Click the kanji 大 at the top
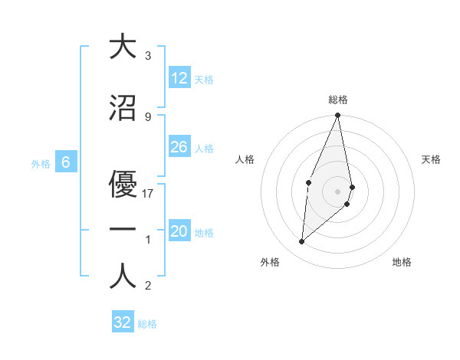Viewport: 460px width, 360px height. tap(123, 47)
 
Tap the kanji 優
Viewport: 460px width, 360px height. tap(123, 183)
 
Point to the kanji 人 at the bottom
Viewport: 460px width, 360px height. tap(123, 277)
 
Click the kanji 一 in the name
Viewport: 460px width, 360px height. tap(123, 230)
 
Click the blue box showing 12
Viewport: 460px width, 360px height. tap(179, 78)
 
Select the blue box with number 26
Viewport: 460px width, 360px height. tap(179, 147)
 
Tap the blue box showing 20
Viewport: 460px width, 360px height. tap(179, 231)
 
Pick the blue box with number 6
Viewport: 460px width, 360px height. tap(66, 162)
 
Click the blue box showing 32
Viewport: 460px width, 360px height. tap(122, 322)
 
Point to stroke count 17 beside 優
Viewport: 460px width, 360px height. tap(148, 194)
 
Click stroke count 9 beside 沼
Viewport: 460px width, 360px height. tap(148, 116)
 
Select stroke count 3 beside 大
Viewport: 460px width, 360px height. tap(148, 56)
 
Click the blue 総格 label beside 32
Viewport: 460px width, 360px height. tap(147, 324)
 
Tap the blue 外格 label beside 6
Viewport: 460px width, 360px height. tap(40, 163)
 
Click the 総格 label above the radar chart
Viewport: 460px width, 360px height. tap(338, 100)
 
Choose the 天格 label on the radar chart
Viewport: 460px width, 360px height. tap(432, 159)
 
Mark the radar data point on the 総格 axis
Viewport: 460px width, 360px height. tap(338, 116)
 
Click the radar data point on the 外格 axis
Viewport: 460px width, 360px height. tap(302, 242)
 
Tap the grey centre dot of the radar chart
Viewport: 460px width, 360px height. tap(338, 191)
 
